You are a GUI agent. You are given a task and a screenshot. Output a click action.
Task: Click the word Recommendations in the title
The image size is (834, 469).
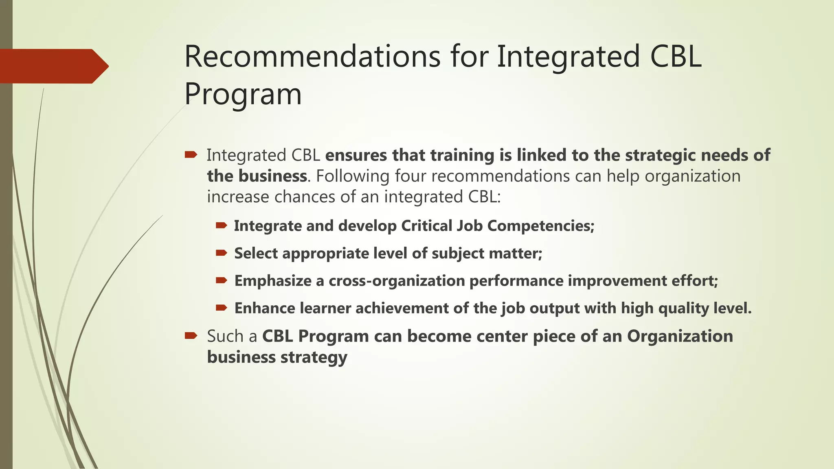click(312, 57)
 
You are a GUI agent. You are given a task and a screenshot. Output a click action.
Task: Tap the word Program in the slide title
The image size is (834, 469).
click(243, 94)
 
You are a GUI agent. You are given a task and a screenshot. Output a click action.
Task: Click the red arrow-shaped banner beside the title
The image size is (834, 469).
click(53, 66)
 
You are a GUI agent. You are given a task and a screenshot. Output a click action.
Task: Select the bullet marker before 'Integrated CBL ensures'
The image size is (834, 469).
click(191, 155)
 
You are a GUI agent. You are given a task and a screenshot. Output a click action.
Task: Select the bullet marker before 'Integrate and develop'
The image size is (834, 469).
click(221, 226)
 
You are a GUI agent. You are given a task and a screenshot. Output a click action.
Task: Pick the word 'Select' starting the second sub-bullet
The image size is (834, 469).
click(256, 253)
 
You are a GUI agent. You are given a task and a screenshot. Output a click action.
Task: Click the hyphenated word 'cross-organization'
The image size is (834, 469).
click(397, 281)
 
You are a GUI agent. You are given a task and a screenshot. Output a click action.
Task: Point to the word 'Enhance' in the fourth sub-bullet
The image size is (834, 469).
click(265, 308)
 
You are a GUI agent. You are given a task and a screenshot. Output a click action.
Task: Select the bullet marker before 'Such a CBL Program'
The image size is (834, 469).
click(191, 336)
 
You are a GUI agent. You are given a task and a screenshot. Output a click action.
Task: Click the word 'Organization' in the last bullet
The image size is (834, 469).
click(680, 336)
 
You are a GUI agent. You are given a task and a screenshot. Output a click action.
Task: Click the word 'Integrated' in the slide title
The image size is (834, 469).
click(568, 57)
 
